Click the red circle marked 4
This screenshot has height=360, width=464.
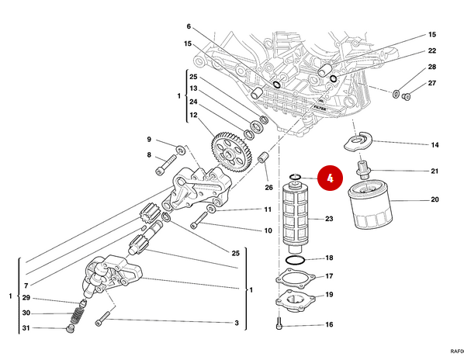click(x=330, y=178)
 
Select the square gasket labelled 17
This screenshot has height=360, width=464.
click(x=294, y=277)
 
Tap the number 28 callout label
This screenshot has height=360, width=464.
click(x=433, y=67)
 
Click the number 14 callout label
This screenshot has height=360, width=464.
click(x=435, y=145)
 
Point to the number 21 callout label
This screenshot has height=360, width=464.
click(x=435, y=171)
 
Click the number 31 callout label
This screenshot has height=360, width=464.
click(x=26, y=328)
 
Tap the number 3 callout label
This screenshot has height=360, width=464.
click(x=236, y=323)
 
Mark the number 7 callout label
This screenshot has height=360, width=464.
click(x=26, y=265)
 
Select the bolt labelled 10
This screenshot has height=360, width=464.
click(x=198, y=223)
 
